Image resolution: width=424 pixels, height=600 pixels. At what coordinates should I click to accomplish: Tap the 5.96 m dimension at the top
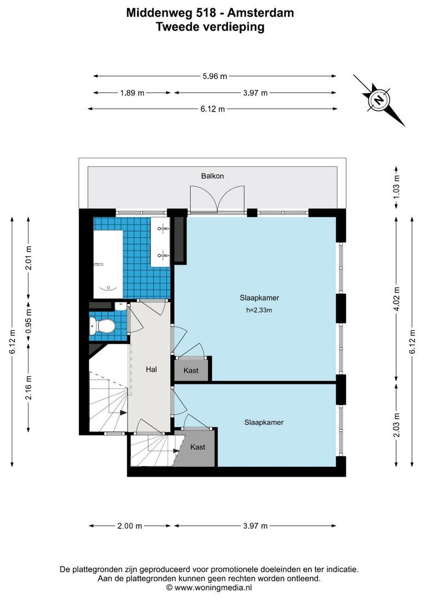click(x=214, y=76)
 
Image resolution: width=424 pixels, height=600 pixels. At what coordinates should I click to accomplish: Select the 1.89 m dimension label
click(x=132, y=93)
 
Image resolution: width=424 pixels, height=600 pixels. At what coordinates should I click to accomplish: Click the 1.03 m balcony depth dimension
click(x=396, y=186)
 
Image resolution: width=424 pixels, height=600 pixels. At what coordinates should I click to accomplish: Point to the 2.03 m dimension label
click(x=396, y=425)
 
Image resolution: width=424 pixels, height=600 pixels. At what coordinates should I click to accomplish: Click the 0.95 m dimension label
click(x=29, y=323)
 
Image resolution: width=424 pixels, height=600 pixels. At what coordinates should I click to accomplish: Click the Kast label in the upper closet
click(x=191, y=371)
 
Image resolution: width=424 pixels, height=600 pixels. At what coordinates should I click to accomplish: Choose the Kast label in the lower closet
click(x=198, y=447)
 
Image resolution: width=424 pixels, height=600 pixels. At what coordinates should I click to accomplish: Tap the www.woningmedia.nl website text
click(x=214, y=587)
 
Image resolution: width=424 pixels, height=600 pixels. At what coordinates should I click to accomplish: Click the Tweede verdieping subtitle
click(x=210, y=26)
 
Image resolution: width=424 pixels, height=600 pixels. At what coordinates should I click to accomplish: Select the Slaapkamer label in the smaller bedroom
click(x=264, y=422)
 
